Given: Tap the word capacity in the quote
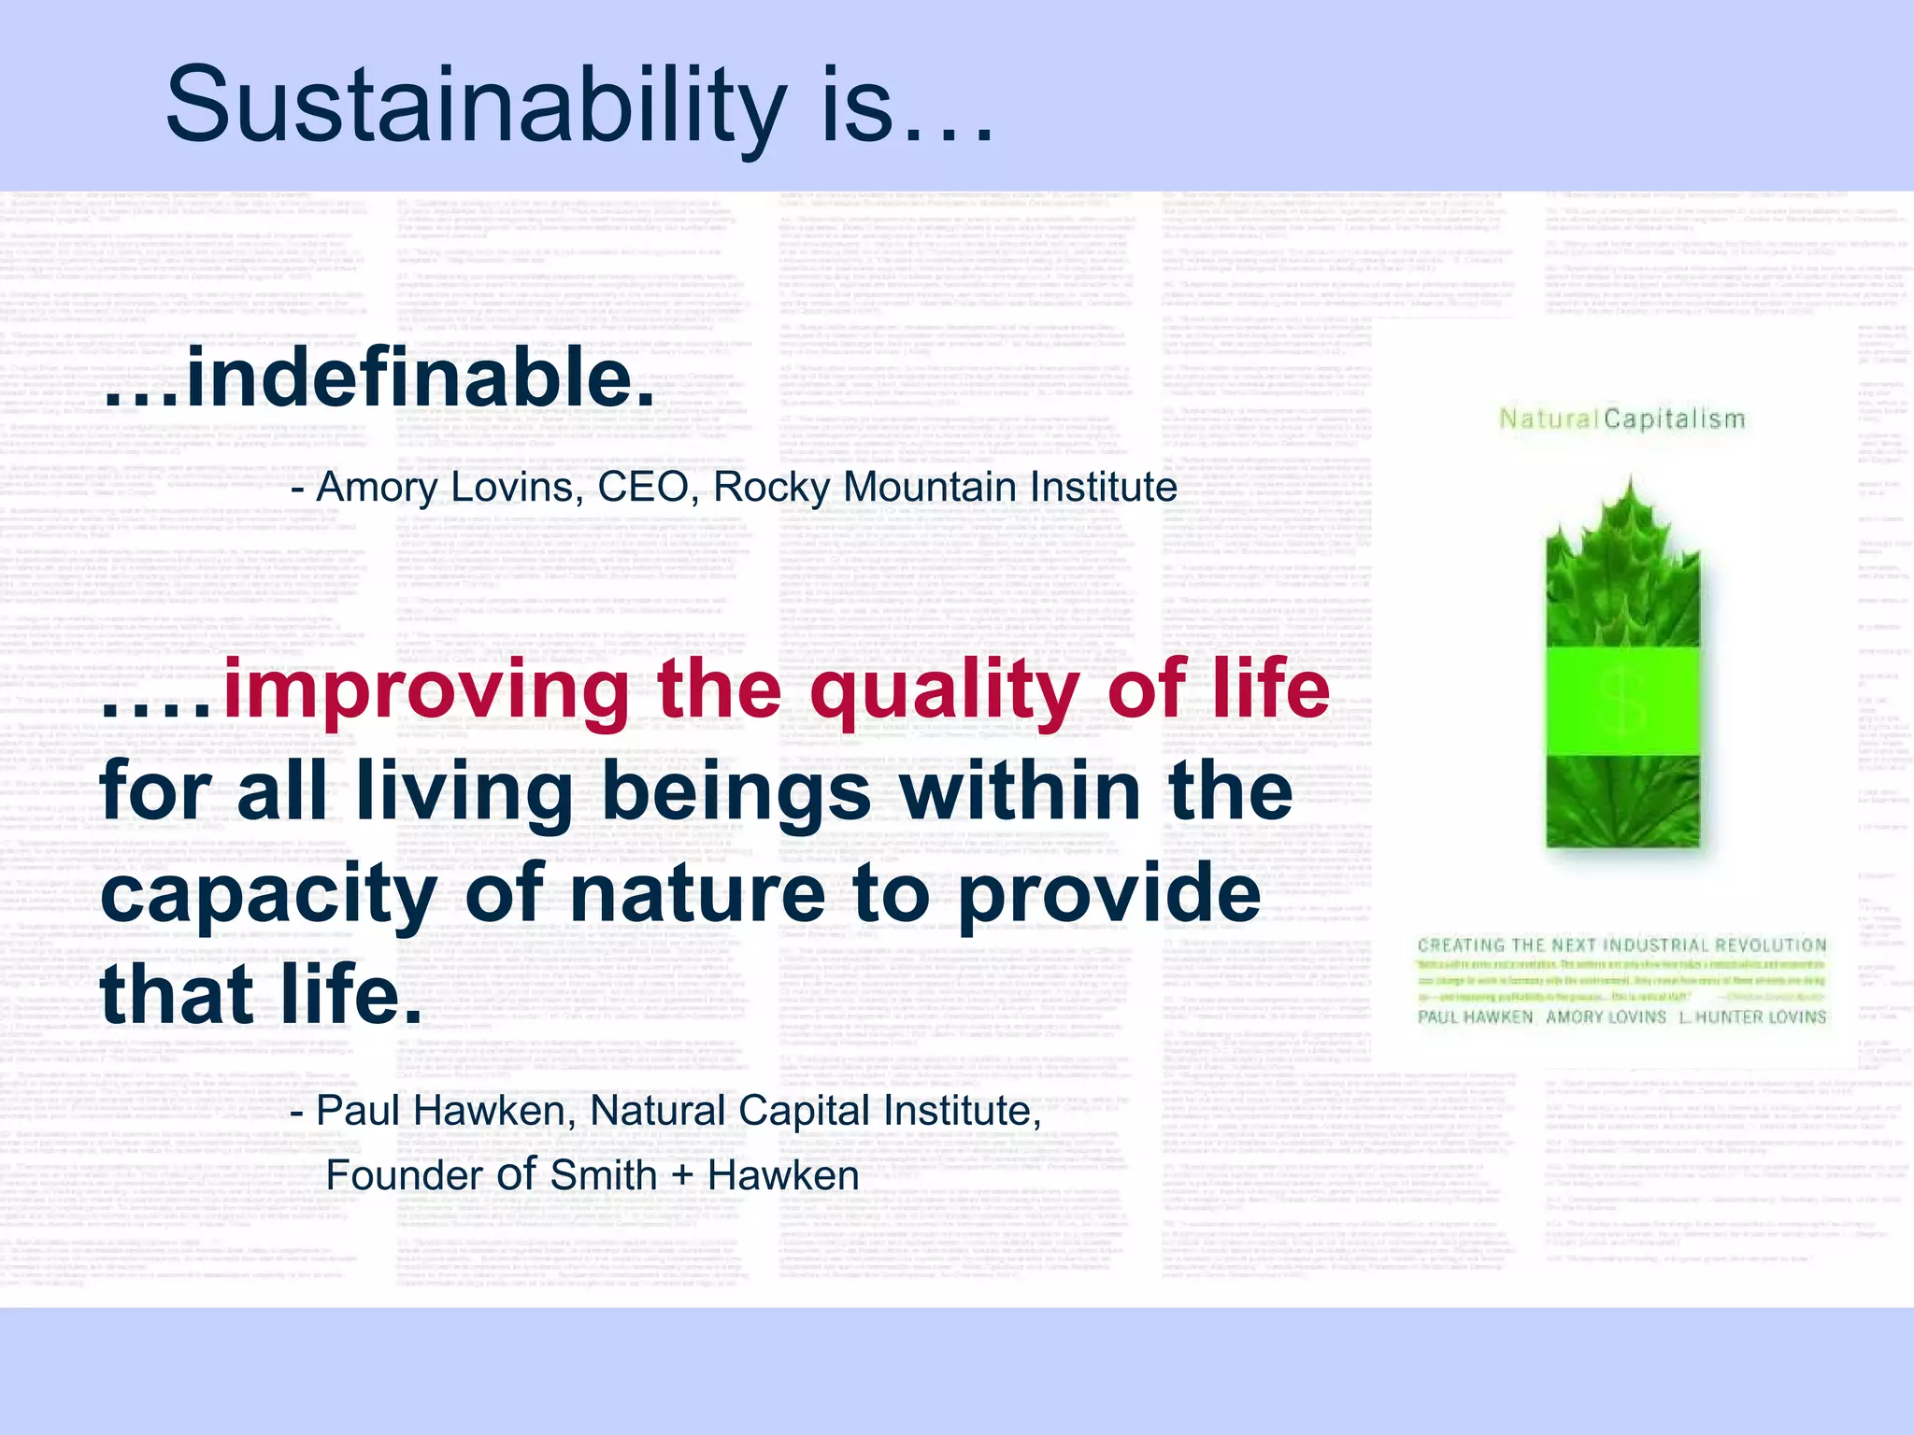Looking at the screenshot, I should coord(269,894).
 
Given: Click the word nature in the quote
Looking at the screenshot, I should coord(697,894).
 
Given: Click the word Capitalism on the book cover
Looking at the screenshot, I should coord(1675,419).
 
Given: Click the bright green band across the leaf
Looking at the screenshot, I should coord(1622,701).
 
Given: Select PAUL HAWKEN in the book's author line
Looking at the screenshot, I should coord(1475,1016).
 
